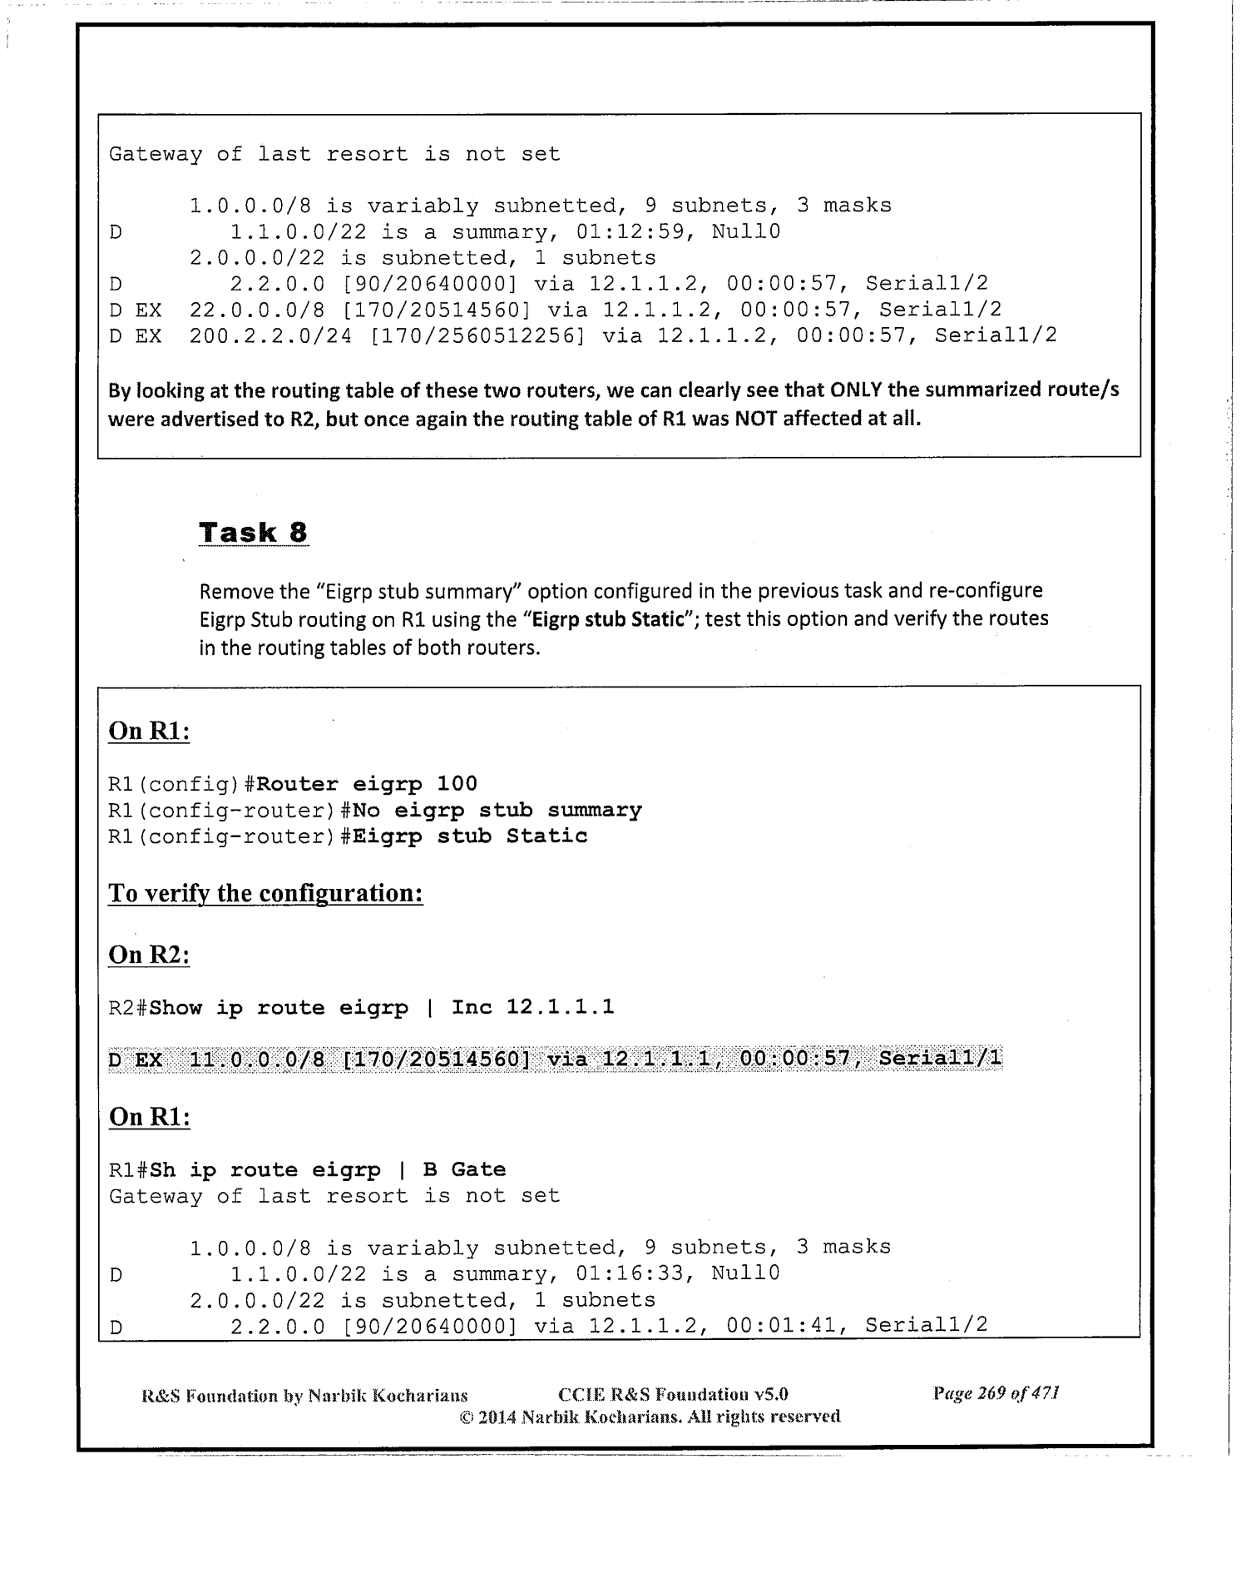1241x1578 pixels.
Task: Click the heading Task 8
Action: pyautogui.click(x=254, y=532)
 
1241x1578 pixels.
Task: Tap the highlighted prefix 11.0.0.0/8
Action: pyautogui.click(x=257, y=1059)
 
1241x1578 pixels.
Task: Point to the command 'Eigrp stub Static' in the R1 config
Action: pyautogui.click(x=470, y=836)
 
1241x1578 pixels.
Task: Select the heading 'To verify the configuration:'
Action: pyautogui.click(x=265, y=894)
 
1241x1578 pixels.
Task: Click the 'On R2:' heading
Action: pyautogui.click(x=150, y=955)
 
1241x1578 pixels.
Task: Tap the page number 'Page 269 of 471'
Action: pyautogui.click(x=996, y=1393)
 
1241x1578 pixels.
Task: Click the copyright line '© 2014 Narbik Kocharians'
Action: pyautogui.click(x=650, y=1416)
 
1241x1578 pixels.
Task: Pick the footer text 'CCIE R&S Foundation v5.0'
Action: pyautogui.click(x=673, y=1394)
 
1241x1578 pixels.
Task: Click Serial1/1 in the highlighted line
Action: pyautogui.click(x=940, y=1059)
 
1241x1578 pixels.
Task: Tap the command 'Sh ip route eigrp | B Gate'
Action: pyautogui.click(x=328, y=1169)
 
